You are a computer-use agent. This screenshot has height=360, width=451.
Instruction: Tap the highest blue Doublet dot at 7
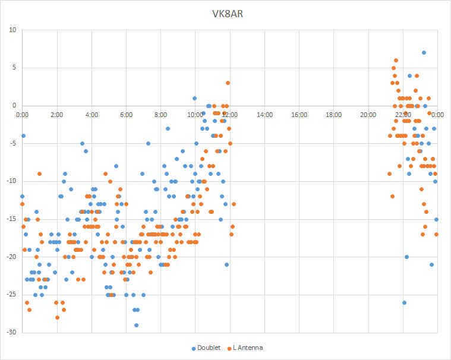click(x=424, y=52)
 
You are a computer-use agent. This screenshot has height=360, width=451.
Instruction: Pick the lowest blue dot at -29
click(x=136, y=325)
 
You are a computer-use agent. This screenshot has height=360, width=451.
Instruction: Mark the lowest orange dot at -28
click(x=58, y=317)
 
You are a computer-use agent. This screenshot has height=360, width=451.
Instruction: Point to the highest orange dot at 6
click(x=396, y=60)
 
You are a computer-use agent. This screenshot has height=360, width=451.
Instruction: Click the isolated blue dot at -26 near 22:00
click(x=404, y=302)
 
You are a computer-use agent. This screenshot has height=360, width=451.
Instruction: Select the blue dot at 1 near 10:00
click(x=194, y=98)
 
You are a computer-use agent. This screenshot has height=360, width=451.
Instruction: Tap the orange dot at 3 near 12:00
click(x=228, y=83)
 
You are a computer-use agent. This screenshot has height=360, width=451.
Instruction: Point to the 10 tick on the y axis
click(x=12, y=30)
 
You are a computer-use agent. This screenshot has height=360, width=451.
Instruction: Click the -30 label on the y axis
click(x=11, y=333)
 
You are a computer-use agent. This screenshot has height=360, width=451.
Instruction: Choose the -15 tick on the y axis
click(x=11, y=219)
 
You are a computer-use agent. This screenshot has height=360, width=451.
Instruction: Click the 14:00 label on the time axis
click(x=264, y=114)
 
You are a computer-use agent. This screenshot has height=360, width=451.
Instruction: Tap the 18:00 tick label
click(x=333, y=114)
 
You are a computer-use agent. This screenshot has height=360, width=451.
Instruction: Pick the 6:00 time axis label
click(x=126, y=114)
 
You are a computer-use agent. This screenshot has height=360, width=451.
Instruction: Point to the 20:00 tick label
click(x=368, y=114)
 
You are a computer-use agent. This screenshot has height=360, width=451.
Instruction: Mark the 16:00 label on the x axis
click(x=299, y=114)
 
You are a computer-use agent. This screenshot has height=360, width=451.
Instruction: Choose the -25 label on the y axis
click(x=11, y=295)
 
